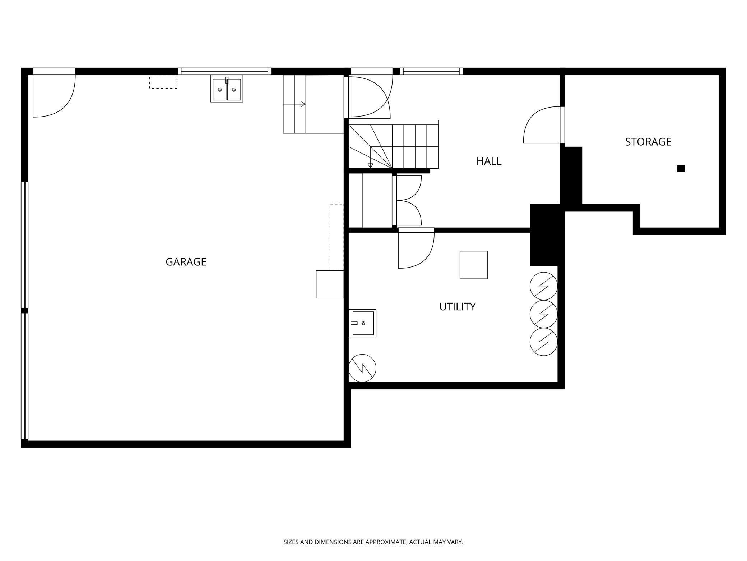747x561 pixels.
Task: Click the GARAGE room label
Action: pos(186,262)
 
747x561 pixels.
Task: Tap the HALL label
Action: pos(489,161)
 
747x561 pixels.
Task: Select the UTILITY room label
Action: pos(458,307)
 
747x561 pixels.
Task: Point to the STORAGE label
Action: pos(648,142)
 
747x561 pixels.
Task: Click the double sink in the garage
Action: pos(227,89)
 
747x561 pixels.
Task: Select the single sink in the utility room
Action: pos(362,323)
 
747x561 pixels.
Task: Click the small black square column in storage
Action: pos(681,168)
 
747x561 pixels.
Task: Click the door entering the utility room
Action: pos(416,248)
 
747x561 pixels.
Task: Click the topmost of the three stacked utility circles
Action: pos(544,286)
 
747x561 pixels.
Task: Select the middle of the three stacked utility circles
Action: pos(544,314)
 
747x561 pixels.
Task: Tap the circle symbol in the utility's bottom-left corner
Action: pos(362,368)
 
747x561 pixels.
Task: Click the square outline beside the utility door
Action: pos(474,265)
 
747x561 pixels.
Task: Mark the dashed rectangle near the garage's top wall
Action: pos(163,82)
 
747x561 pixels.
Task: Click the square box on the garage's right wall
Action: pos(330,284)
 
